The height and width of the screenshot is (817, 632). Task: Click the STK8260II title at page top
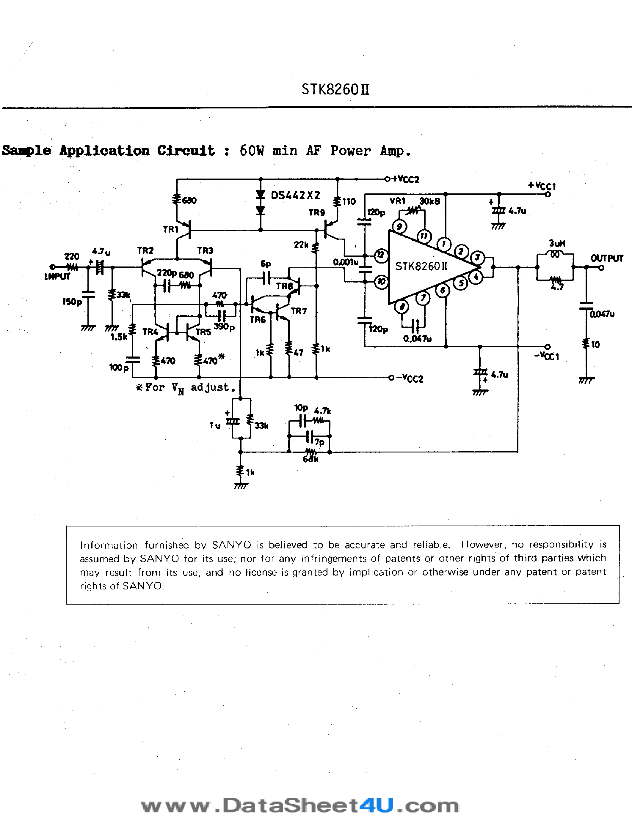pos(335,89)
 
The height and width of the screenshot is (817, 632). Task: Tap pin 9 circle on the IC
pos(399,226)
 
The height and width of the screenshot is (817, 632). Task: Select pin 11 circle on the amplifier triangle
pos(424,236)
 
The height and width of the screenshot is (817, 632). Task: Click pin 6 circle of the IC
pos(443,290)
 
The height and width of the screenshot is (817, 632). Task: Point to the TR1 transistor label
pos(170,229)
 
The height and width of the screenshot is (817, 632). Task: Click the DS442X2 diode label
pos(295,195)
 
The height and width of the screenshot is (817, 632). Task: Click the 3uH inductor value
pos(557,244)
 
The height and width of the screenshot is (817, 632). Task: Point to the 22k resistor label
pos(301,245)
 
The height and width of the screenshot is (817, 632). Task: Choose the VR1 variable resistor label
pos(398,201)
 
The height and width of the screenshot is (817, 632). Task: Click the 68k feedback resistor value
pos(310,459)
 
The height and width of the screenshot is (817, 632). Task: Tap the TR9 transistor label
pos(316,212)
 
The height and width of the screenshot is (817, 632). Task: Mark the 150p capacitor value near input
pos(72,302)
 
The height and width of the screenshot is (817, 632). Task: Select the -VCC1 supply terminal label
pos(547,356)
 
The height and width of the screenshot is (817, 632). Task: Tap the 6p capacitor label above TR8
pos(266,264)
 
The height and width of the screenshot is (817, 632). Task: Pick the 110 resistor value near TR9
pos(349,202)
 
